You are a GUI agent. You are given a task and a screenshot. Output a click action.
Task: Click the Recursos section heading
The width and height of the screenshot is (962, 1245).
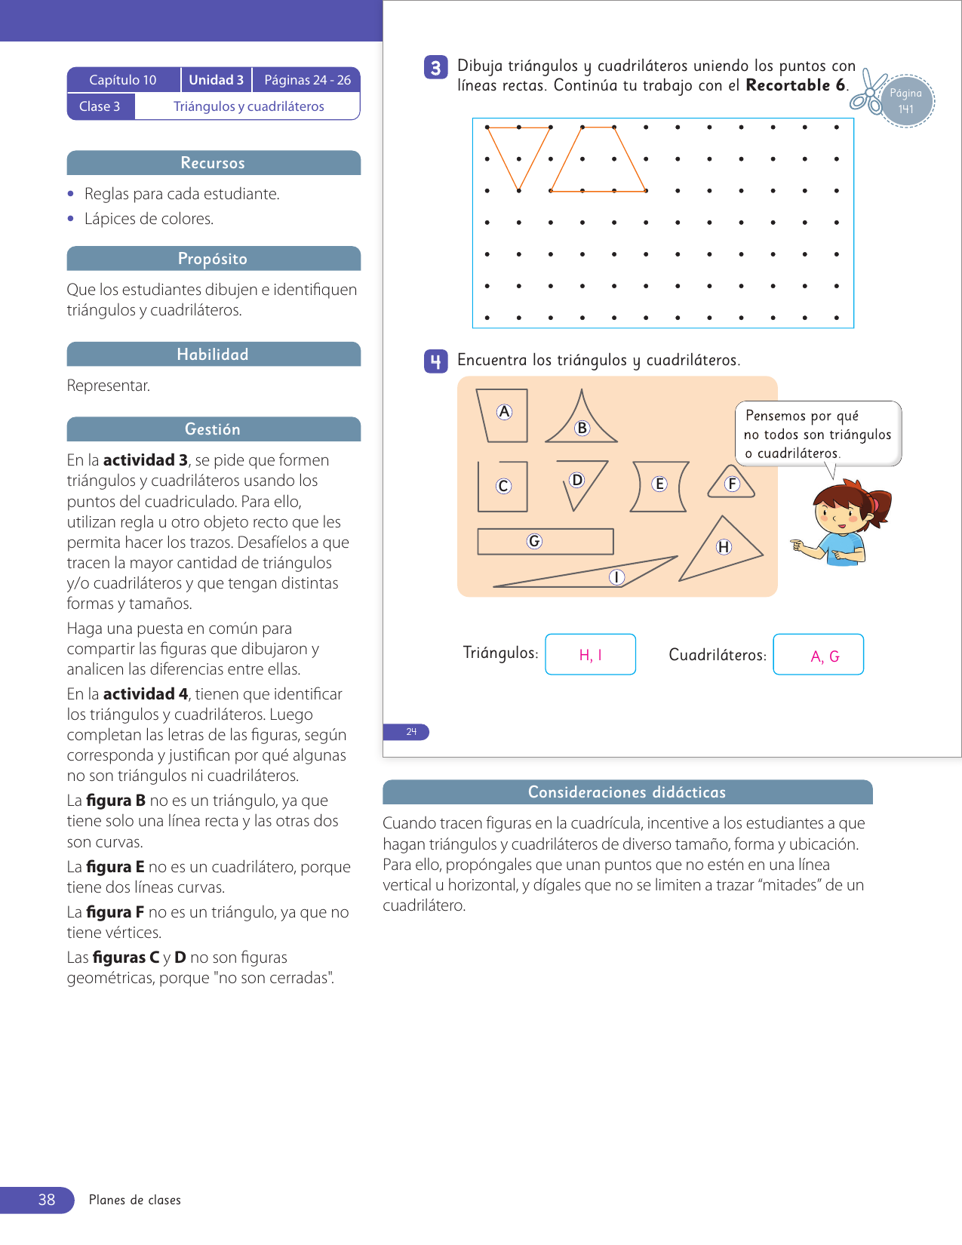click(214, 163)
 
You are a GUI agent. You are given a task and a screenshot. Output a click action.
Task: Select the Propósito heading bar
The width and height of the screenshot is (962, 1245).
click(214, 259)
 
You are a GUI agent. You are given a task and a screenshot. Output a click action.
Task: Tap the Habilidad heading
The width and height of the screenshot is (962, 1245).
click(214, 355)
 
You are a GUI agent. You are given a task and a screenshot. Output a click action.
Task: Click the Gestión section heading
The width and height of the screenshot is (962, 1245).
click(214, 429)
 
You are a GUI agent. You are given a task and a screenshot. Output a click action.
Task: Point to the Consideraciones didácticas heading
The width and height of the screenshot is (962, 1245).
click(627, 792)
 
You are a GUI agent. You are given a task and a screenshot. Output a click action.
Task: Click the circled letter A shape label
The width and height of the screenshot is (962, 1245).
click(504, 412)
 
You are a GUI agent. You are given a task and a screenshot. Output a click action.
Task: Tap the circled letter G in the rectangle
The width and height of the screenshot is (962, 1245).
click(534, 541)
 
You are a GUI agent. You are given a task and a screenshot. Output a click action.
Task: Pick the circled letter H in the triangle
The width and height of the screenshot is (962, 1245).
click(724, 547)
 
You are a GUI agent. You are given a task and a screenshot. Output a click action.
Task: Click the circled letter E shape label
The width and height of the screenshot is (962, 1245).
click(659, 484)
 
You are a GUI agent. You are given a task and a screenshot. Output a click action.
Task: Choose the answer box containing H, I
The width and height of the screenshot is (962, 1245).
click(590, 654)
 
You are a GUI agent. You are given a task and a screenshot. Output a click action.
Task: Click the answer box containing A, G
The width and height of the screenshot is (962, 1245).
click(818, 655)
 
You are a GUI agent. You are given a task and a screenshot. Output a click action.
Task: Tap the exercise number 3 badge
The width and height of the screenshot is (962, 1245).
click(435, 68)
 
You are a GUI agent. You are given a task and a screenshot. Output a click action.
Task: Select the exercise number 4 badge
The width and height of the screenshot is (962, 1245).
click(435, 362)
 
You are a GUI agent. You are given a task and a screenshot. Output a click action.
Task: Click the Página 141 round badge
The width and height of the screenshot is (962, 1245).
click(906, 101)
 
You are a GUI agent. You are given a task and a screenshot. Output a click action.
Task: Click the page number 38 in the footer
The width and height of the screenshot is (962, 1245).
click(47, 1200)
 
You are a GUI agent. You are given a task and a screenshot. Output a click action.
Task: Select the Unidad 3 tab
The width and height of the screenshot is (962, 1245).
click(216, 80)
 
